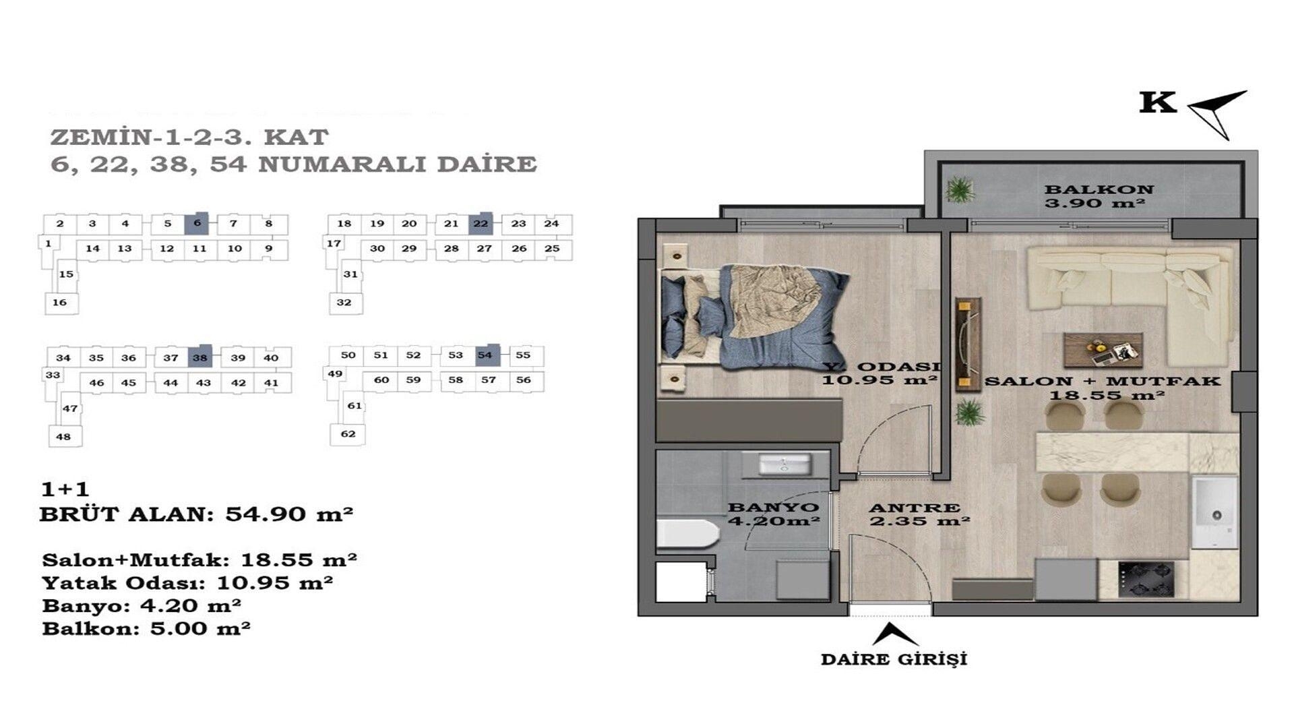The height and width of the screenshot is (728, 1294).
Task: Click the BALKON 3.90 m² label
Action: (x=1099, y=196)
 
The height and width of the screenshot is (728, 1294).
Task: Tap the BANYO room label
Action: (x=774, y=507)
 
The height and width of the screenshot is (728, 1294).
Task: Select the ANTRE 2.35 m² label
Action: (x=919, y=514)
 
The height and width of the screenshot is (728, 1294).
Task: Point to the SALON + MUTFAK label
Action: (x=1103, y=381)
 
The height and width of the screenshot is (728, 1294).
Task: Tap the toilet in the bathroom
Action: (x=687, y=533)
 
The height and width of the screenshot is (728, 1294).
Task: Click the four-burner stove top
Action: (x=1146, y=580)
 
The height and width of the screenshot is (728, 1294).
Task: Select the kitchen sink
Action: (x=1215, y=513)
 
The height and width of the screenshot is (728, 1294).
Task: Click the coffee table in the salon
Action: (x=1103, y=350)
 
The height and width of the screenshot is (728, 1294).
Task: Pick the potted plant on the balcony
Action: (x=959, y=189)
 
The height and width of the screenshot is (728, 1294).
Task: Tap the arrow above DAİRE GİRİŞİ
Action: (x=894, y=634)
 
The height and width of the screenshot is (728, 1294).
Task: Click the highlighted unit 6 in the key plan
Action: (x=197, y=223)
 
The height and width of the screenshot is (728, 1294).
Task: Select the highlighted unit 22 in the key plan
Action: (x=481, y=223)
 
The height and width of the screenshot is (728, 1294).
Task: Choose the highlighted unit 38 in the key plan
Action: (x=200, y=357)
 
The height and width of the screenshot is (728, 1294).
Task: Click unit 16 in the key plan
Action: (x=61, y=303)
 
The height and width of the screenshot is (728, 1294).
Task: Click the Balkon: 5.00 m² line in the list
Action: (x=146, y=629)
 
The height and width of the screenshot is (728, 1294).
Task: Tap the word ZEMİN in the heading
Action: (x=100, y=138)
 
